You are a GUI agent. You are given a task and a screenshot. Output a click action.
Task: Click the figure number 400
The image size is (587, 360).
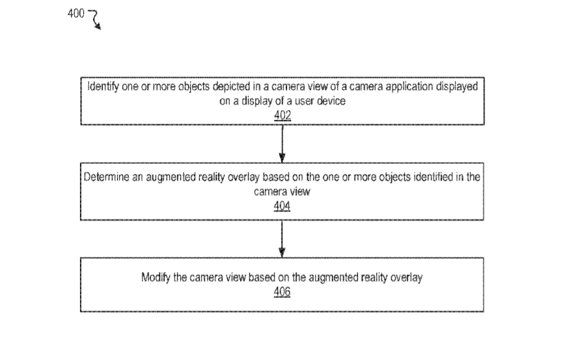coord(76,14)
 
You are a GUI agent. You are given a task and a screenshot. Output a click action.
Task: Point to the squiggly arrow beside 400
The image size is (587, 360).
coord(95,19)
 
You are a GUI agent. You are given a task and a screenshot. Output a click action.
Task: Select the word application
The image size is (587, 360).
coord(409,87)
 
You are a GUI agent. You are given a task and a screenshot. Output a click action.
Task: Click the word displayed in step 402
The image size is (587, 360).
coord(457,87)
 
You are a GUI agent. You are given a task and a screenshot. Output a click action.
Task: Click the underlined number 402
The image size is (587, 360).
coord(282,115)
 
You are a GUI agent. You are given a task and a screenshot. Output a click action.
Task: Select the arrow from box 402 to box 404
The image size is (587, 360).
coord(282,144)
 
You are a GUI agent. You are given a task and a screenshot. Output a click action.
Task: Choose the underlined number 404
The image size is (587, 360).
coord(282,206)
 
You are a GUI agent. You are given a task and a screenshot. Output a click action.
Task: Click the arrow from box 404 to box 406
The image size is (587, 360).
coord(282,239)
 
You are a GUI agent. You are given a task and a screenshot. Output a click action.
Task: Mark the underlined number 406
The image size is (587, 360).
coord(282,292)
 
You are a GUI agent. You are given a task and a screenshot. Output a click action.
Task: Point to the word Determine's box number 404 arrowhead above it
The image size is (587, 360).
coord(282,158)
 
